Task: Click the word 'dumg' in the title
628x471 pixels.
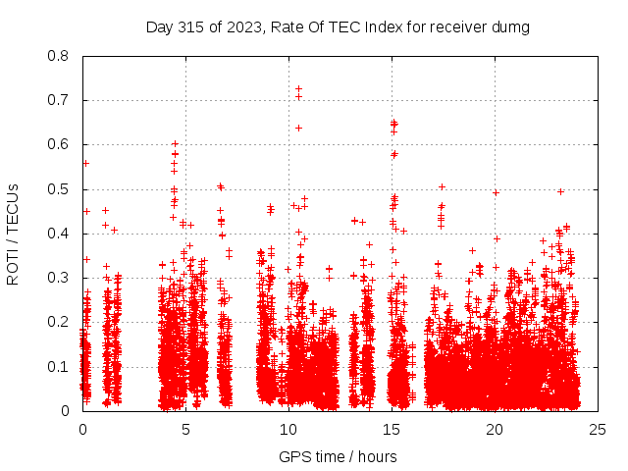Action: [509, 27]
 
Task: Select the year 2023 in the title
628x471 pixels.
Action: [241, 27]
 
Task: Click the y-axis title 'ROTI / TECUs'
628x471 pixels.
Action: [13, 235]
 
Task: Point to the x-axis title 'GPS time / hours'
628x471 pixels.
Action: [338, 456]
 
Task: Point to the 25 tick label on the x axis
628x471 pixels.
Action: [598, 429]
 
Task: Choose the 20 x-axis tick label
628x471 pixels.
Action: [495, 429]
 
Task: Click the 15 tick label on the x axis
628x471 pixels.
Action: [392, 429]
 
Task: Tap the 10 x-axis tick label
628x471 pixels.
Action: [288, 429]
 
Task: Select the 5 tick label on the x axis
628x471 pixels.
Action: [185, 429]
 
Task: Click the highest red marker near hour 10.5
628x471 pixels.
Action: [298, 88]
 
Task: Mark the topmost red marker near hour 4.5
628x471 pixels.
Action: [175, 143]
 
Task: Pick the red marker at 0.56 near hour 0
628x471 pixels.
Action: [85, 163]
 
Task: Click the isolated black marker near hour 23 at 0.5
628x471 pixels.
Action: [560, 191]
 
